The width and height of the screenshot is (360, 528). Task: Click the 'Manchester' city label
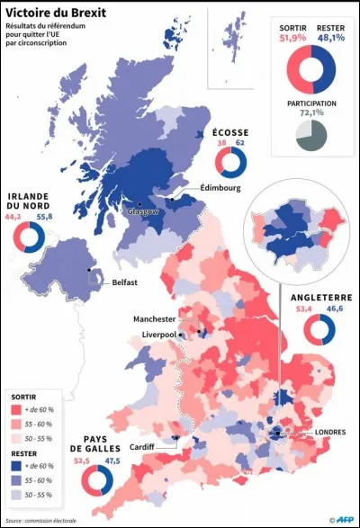pos(154,319)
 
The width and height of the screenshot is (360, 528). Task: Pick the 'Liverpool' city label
pos(159,336)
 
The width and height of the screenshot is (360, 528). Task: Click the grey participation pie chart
pos(311,136)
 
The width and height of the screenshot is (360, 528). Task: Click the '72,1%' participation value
pos(311,114)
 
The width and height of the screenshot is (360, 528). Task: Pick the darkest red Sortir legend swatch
pos(15,410)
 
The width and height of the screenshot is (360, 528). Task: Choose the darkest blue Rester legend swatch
pos(15,467)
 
